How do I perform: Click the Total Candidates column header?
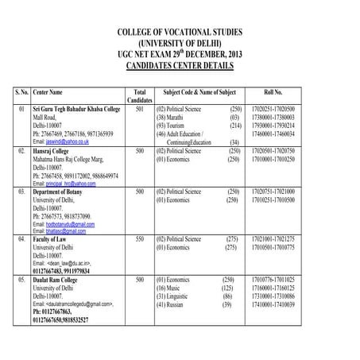pyautogui.click(x=139, y=95)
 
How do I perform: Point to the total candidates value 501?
pyautogui.click(x=139, y=107)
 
